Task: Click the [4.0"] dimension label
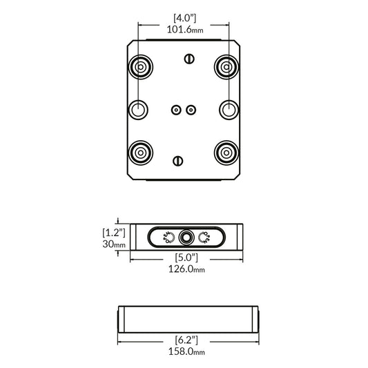click(x=184, y=17)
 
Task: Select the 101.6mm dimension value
click(x=184, y=30)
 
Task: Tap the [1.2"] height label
click(x=114, y=232)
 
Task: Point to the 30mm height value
click(x=114, y=244)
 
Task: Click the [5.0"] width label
click(x=184, y=258)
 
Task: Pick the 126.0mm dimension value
click(x=184, y=269)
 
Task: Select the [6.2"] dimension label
click(x=187, y=340)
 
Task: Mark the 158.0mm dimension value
click(x=187, y=351)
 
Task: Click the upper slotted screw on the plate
click(x=188, y=59)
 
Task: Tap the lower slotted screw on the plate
click(x=178, y=161)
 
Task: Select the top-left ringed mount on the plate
click(x=141, y=67)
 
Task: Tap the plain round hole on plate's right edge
click(x=229, y=109)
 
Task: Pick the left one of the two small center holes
click(x=176, y=109)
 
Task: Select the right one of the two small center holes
click(x=191, y=109)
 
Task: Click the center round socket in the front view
click(x=185, y=238)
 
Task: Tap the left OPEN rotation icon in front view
click(x=166, y=238)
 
